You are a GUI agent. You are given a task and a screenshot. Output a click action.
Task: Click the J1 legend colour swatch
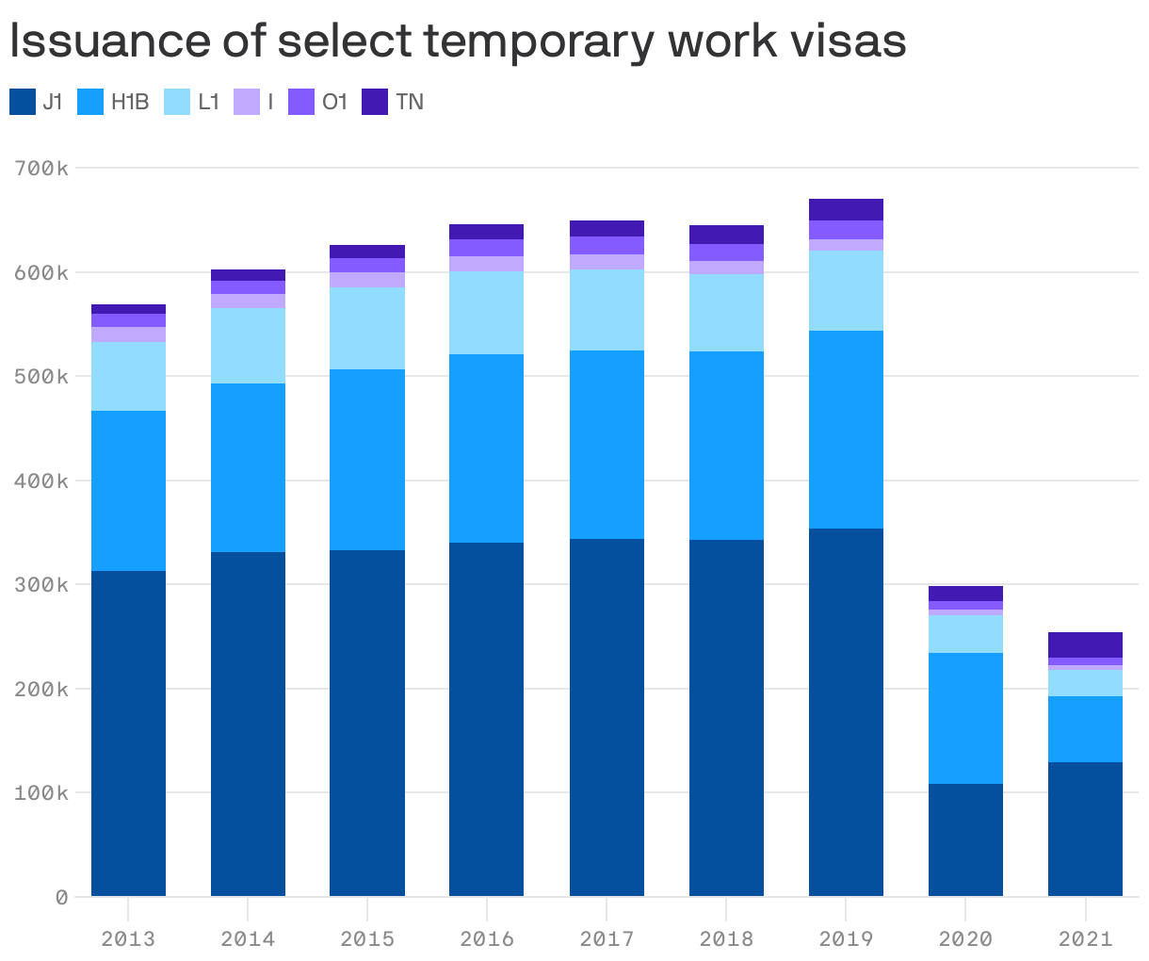pyautogui.click(x=23, y=102)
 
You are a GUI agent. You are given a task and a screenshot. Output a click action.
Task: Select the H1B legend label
pyautogui.click(x=130, y=102)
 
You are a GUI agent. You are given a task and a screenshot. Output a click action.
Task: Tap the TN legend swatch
pyautogui.click(x=375, y=102)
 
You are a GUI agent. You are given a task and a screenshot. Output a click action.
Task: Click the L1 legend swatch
pyautogui.click(x=177, y=102)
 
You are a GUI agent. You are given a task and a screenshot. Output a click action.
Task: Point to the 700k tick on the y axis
pyautogui.click(x=41, y=169)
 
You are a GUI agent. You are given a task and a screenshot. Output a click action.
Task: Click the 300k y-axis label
pyautogui.click(x=41, y=584)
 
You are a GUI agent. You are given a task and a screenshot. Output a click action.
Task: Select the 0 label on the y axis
pyautogui.click(x=61, y=897)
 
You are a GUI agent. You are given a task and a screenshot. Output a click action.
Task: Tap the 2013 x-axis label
pyautogui.click(x=128, y=938)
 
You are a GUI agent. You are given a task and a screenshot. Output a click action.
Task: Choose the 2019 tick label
pyautogui.click(x=846, y=938)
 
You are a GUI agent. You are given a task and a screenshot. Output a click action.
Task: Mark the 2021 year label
pyautogui.click(x=1085, y=938)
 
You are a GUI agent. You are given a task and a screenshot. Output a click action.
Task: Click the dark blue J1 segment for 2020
pyautogui.click(x=965, y=839)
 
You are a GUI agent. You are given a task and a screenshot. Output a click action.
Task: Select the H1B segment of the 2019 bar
pyautogui.click(x=846, y=430)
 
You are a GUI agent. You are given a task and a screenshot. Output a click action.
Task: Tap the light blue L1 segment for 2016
pyautogui.click(x=486, y=313)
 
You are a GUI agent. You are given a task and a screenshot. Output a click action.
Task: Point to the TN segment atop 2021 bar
pyautogui.click(x=1085, y=644)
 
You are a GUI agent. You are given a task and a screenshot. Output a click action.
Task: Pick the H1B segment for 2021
pyautogui.click(x=1085, y=729)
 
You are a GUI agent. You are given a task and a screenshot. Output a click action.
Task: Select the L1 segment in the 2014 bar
pyautogui.click(x=248, y=346)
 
